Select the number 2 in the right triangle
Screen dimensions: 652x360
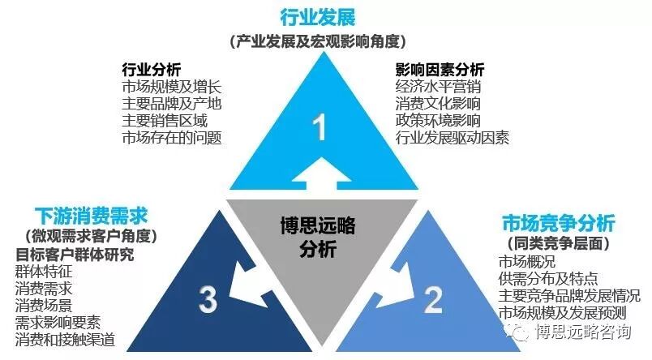(x=432, y=300)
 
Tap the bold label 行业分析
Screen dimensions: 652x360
(x=151, y=68)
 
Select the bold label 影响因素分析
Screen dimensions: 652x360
(x=440, y=68)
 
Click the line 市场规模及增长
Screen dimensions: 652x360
(x=171, y=86)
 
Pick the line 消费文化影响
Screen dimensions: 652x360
(x=438, y=103)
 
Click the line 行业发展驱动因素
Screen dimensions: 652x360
(x=453, y=137)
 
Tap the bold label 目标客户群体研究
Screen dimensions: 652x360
(x=75, y=254)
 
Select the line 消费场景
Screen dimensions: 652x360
(x=44, y=305)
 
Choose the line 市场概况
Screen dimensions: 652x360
(x=527, y=261)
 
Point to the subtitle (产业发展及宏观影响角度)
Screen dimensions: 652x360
(x=318, y=41)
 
